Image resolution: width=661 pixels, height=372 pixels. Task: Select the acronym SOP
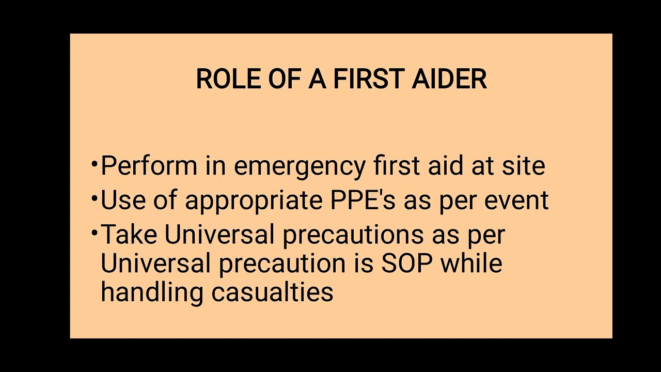[x=407, y=263]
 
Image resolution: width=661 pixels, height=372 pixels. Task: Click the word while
[x=471, y=263]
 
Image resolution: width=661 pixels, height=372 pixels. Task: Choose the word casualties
[x=273, y=292]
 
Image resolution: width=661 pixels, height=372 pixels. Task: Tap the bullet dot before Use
[x=94, y=198]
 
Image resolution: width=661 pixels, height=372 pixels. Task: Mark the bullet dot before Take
[x=94, y=233]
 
